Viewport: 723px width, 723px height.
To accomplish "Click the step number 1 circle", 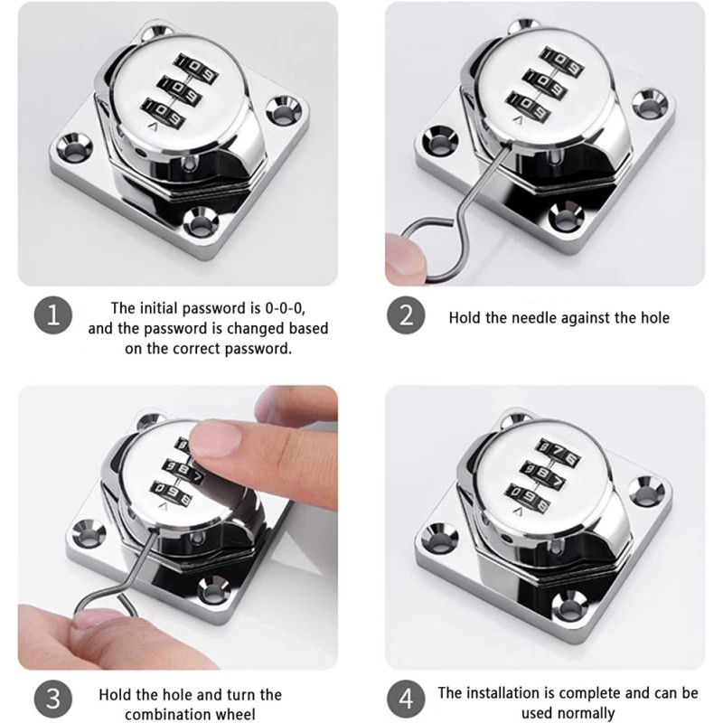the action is (53, 315).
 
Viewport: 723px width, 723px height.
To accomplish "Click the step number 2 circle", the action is (406, 315).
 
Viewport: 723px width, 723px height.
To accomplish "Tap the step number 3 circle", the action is (53, 698).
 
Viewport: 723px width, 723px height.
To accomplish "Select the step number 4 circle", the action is (406, 698).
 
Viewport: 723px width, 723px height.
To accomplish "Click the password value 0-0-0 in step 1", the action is (285, 308).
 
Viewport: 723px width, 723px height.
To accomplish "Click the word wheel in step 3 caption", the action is (235, 714).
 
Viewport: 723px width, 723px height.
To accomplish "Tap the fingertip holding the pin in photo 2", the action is (402, 258).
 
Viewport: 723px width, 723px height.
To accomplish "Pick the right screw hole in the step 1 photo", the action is (284, 110).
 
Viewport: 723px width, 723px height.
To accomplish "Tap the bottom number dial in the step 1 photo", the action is (163, 112).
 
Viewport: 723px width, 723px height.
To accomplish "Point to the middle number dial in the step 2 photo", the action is (544, 84).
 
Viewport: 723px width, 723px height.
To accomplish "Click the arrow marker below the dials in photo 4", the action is (519, 512).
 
